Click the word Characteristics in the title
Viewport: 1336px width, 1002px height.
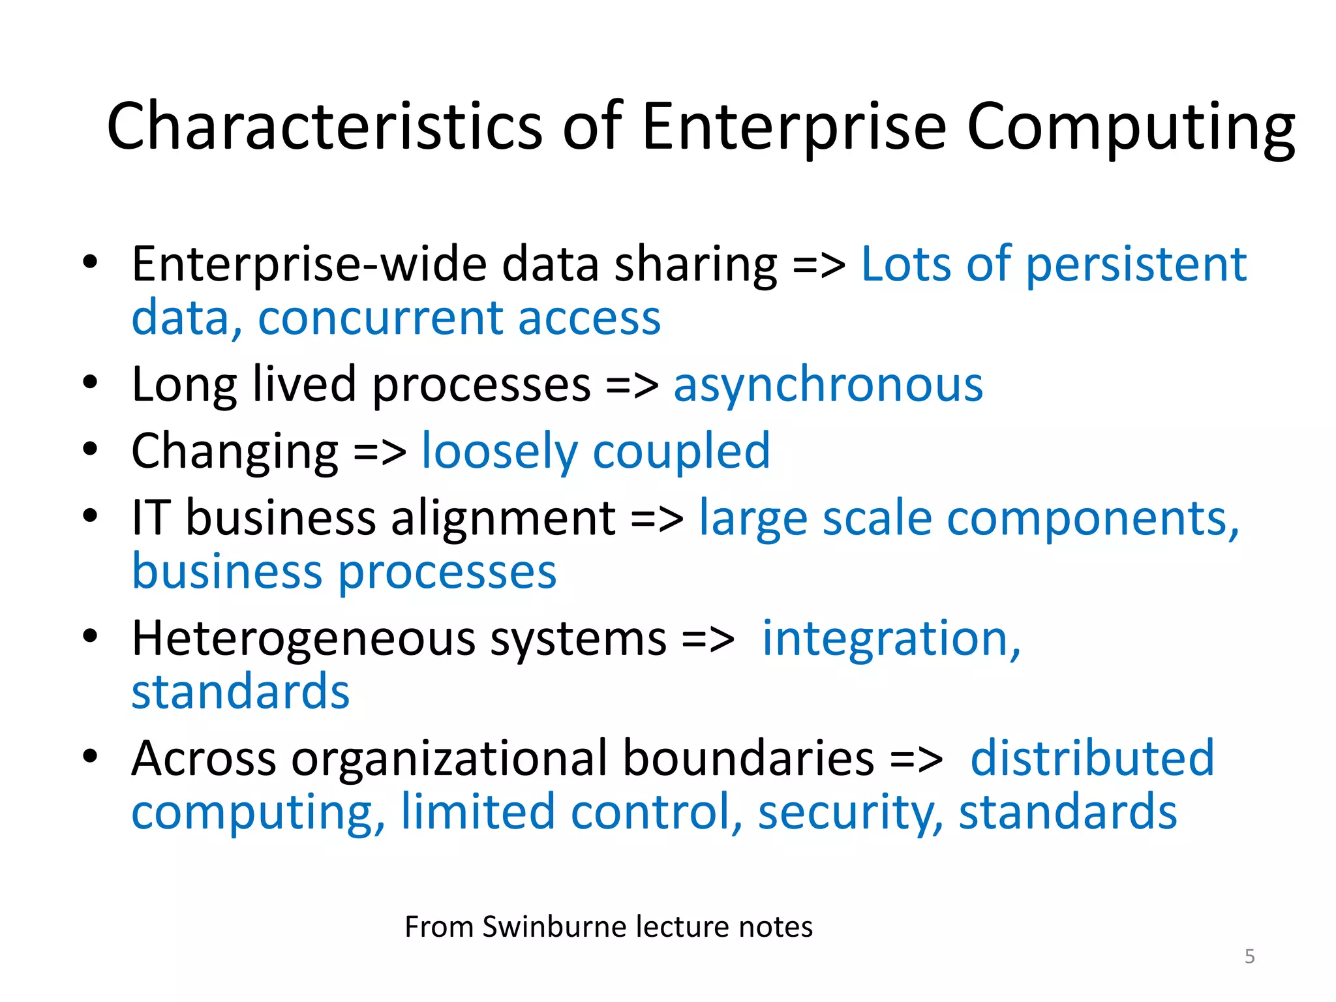point(324,126)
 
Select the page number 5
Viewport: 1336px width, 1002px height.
point(1249,956)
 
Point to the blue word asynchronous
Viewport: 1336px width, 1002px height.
point(828,385)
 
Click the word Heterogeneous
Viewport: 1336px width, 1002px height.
point(303,638)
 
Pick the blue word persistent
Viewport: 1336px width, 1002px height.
point(1136,265)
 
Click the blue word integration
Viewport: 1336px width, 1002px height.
point(890,638)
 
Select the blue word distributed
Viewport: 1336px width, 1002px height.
point(1092,758)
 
